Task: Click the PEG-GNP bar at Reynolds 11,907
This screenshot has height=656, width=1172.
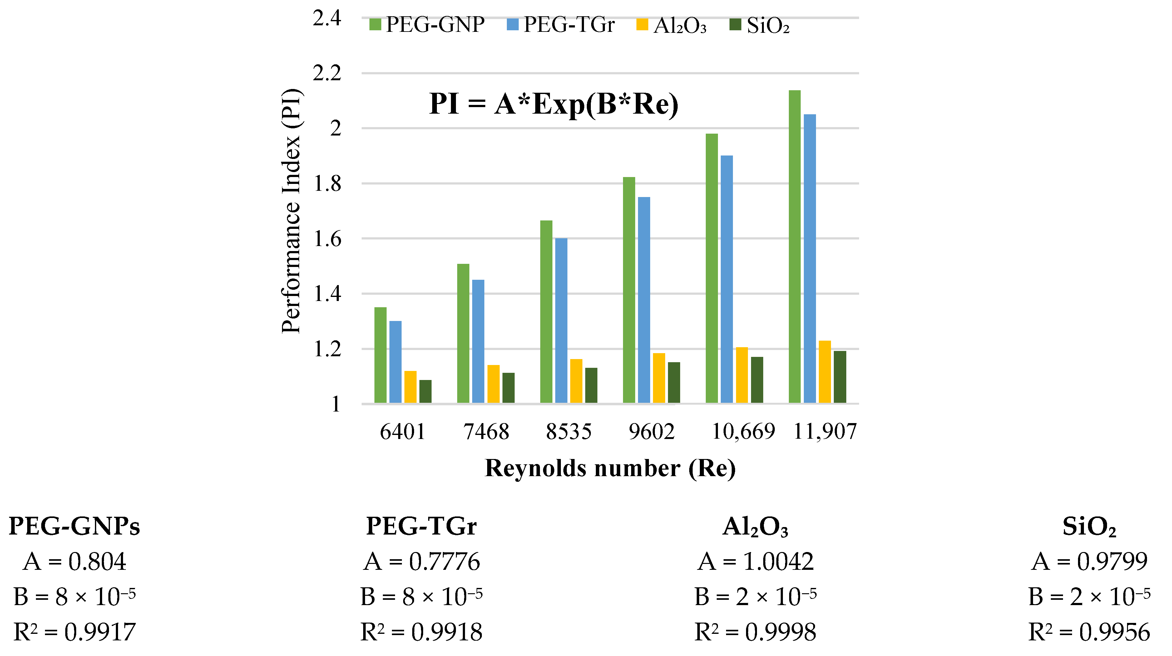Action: tap(794, 246)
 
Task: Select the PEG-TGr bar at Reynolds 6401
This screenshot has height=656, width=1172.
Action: tap(395, 362)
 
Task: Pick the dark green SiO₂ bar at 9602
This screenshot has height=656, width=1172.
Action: tap(674, 382)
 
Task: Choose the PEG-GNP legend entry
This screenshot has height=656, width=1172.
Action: tap(427, 25)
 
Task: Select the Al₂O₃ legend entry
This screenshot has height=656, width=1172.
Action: tap(671, 26)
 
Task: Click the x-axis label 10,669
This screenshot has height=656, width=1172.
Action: tap(743, 431)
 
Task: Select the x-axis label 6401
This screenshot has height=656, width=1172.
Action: tap(402, 431)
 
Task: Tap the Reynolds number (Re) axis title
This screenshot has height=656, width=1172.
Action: tap(610, 468)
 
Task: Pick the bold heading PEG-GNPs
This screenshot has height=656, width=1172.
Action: tap(74, 526)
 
